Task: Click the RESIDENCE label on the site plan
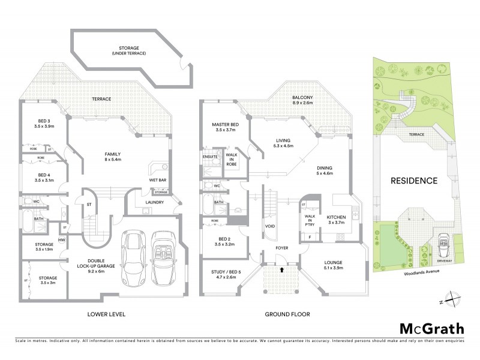(x=414, y=180)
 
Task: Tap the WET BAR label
(x=158, y=180)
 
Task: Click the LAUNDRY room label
(x=154, y=202)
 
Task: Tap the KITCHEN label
(x=337, y=218)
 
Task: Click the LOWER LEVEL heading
(x=106, y=314)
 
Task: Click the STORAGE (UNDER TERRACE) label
(x=130, y=50)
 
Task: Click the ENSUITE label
(x=210, y=157)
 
